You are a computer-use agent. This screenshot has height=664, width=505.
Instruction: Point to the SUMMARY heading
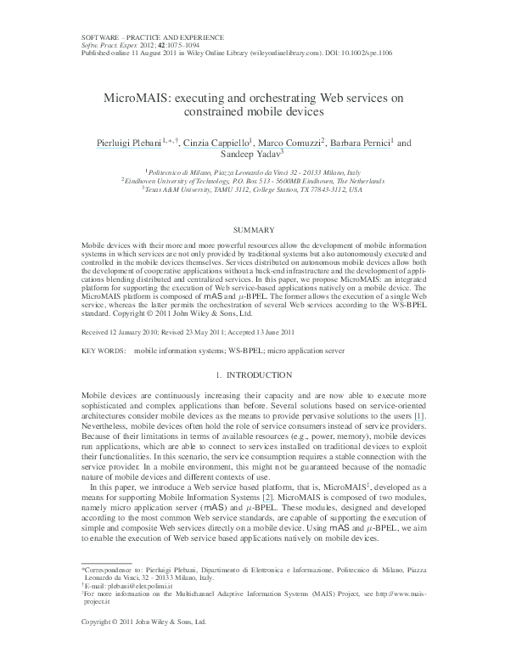(253, 230)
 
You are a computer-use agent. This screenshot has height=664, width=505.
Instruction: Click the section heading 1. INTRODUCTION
(253, 375)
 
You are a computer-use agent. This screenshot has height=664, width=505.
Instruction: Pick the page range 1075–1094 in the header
(175, 45)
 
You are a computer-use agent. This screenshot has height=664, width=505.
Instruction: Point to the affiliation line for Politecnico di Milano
(253, 171)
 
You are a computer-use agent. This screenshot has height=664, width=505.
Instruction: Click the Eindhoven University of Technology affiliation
(253, 180)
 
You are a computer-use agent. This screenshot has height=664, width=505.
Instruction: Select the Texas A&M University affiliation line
(253, 189)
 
